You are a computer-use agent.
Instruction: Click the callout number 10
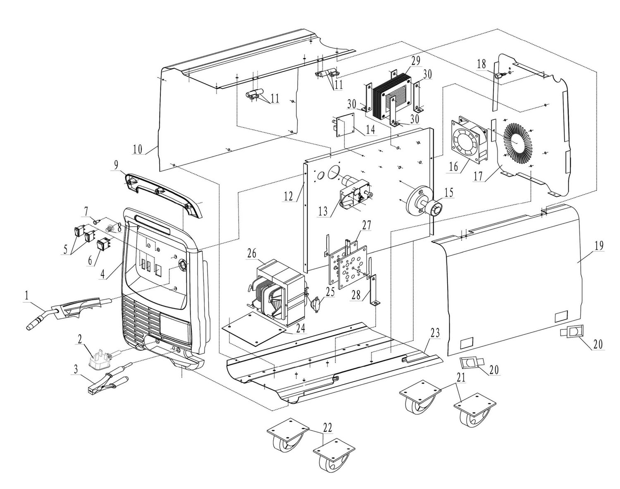[x=138, y=149]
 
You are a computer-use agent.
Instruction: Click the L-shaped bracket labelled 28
[x=374, y=289]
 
